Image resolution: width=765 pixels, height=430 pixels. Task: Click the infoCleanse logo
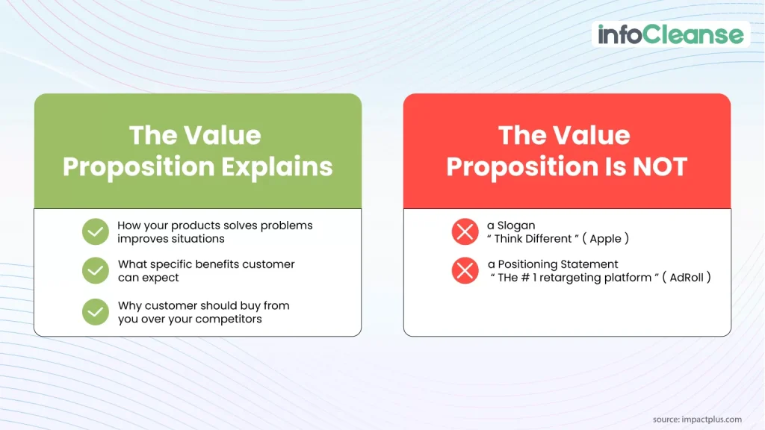tap(670, 34)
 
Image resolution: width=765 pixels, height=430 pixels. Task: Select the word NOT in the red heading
tap(657, 166)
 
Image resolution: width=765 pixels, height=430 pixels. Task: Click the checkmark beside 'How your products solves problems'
tap(96, 232)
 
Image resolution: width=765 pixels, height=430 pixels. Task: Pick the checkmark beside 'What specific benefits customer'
tap(96, 271)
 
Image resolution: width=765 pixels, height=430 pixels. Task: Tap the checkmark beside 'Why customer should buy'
tap(96, 312)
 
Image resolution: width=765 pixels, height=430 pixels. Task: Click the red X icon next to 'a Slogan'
tap(465, 232)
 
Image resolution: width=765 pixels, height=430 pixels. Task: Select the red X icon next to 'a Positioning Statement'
tap(465, 270)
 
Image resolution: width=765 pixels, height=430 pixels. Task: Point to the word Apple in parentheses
tap(604, 239)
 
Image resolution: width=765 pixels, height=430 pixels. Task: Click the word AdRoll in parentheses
tap(686, 278)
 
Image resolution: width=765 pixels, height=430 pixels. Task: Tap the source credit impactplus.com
tap(697, 419)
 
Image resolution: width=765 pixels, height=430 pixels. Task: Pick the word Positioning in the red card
tap(529, 264)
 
